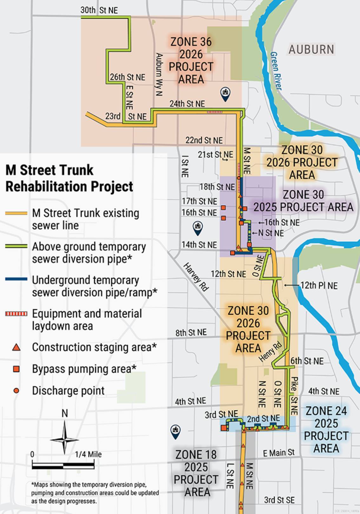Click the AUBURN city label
(311, 49)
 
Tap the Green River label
(276, 71)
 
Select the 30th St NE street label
(99, 10)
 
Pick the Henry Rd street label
(270, 352)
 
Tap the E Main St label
(278, 453)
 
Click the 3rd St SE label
(279, 500)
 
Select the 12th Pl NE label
(319, 285)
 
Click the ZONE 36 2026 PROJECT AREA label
(191, 60)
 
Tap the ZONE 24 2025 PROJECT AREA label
(326, 430)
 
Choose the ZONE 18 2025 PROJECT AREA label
(196, 473)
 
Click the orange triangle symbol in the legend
(16, 347)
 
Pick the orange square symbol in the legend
(16, 369)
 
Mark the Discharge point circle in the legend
(16, 391)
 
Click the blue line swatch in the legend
(16, 279)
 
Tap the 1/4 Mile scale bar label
(88, 454)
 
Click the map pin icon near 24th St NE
(225, 94)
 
